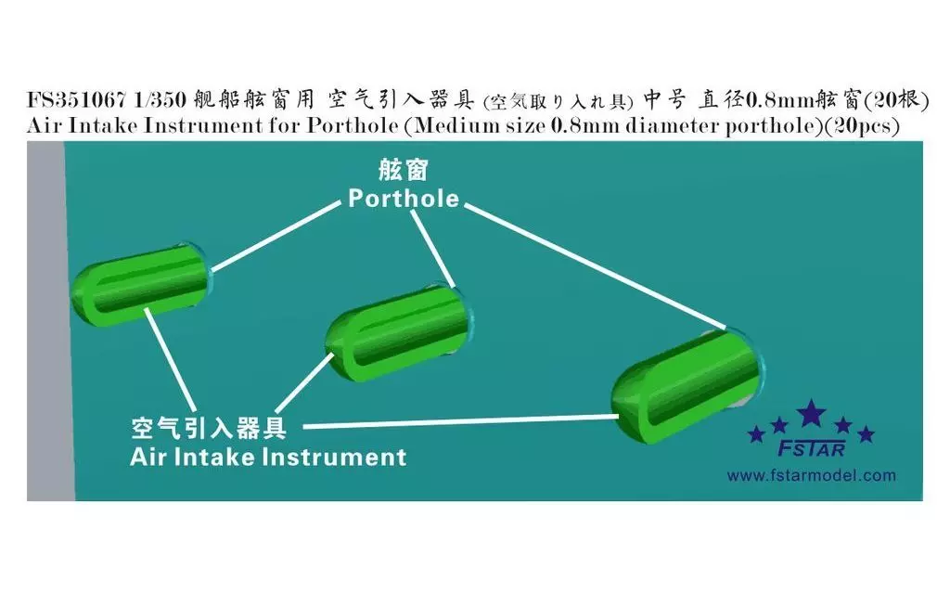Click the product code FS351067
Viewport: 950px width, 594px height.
[x=76, y=98]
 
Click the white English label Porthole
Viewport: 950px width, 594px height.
[x=404, y=199]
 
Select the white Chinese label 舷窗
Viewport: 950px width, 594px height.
[x=403, y=171]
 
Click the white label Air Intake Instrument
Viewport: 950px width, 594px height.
[x=268, y=457]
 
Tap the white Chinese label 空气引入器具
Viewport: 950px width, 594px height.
[x=209, y=429]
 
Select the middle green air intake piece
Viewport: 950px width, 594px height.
[x=398, y=332]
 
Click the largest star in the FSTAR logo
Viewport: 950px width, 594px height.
[x=811, y=414]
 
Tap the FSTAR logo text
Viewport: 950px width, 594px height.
[x=811, y=448]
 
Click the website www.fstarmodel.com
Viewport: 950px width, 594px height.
[x=811, y=476]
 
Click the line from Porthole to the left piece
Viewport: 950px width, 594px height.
[x=276, y=237]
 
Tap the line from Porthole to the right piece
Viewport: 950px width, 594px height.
[x=597, y=266]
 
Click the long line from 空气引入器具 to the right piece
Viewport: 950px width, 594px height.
[x=460, y=422]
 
